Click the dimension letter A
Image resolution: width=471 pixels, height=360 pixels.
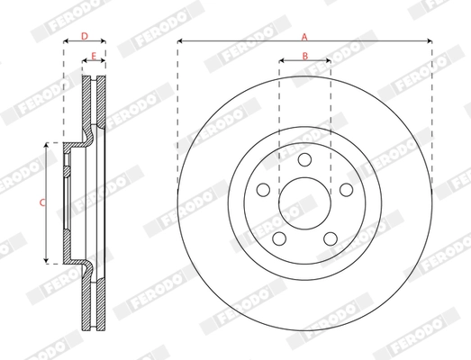click(304, 36)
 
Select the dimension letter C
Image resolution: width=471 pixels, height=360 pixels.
click(41, 202)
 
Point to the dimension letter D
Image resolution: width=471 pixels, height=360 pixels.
click(84, 36)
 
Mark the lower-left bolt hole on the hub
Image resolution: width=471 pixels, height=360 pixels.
click(279, 238)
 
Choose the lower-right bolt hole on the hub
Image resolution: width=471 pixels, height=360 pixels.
click(331, 238)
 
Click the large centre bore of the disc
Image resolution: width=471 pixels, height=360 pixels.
click(304, 202)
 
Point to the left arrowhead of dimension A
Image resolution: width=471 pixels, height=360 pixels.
click(180, 42)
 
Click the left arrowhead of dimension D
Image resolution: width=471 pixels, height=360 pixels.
click(65, 42)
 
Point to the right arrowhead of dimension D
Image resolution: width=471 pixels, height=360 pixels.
click(104, 42)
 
